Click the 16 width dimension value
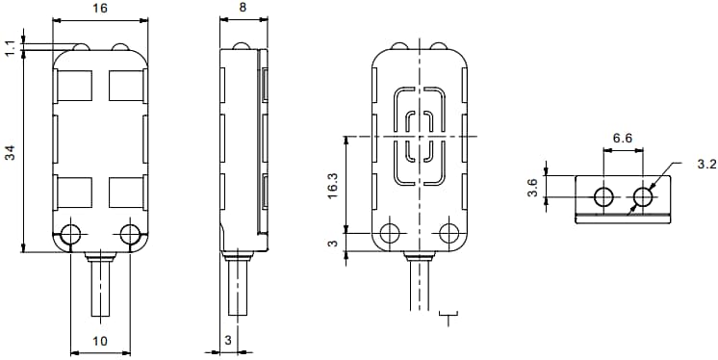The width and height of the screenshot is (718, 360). [x=100, y=8]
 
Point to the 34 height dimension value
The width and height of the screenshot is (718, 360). [x=10, y=151]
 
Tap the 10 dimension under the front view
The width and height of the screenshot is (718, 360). [x=100, y=341]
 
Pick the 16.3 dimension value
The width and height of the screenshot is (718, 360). [x=332, y=185]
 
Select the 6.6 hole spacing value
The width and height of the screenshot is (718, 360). [x=623, y=139]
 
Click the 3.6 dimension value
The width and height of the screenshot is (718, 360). [x=532, y=187]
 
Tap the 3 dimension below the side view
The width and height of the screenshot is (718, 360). [x=227, y=341]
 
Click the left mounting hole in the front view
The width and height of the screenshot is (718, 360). [x=70, y=234]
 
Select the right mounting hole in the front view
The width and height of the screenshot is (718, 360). [x=130, y=234]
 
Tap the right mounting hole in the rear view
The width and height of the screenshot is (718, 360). [x=448, y=233]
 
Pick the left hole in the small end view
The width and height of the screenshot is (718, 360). [x=603, y=198]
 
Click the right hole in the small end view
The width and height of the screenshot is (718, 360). [x=643, y=198]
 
